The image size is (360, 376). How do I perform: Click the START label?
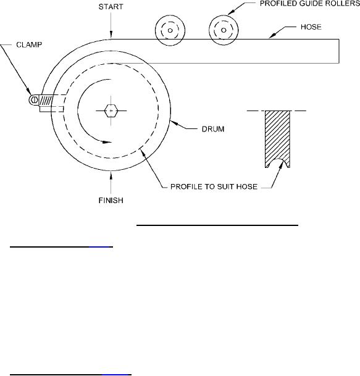coord(111,7)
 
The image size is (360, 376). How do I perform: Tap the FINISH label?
coord(111,200)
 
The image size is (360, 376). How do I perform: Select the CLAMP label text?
coord(29,45)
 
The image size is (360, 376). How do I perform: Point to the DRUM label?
coord(213,129)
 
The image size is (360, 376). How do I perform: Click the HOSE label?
coord(311,27)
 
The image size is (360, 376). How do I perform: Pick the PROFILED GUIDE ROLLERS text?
coord(310,4)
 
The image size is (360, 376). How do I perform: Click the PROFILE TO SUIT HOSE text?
coord(214,186)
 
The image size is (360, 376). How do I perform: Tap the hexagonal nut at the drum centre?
coord(111,111)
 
